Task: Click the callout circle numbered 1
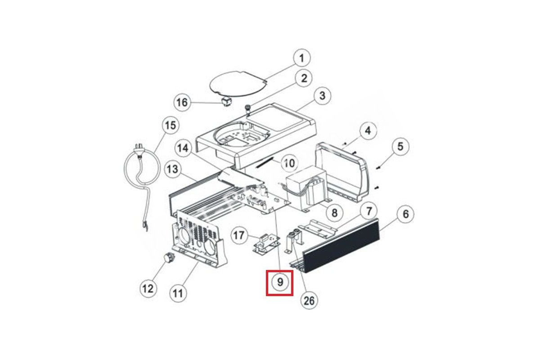(x=301, y=58)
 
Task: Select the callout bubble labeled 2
(x=304, y=78)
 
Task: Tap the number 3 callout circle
(x=322, y=96)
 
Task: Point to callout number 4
(x=368, y=131)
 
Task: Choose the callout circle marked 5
(x=400, y=146)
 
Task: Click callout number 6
(x=406, y=214)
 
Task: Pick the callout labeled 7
(x=369, y=211)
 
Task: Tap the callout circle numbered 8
(x=334, y=213)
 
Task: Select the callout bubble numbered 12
(x=148, y=288)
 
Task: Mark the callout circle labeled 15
(x=171, y=126)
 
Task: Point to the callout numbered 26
(x=309, y=301)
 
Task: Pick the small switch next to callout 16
(x=226, y=103)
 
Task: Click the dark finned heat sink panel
(x=341, y=245)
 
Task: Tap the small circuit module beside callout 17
(x=266, y=244)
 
